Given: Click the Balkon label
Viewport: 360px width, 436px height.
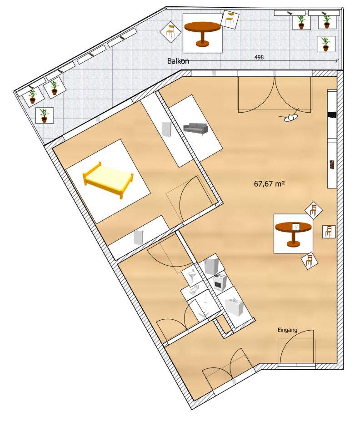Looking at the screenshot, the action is pos(178,61).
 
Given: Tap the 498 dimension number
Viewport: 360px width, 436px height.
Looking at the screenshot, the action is pos(259,57).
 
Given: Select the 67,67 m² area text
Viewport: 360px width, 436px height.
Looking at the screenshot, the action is pos(269,183).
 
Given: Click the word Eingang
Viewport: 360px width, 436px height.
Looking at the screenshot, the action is pos(287,330).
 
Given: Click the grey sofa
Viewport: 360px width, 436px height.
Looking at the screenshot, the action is pos(195,129).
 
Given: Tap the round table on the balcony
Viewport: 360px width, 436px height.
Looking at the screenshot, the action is pos(202,33).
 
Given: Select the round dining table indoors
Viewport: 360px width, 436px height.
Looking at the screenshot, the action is pos(293,233).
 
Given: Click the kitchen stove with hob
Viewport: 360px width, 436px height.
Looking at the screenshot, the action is pos(220,282).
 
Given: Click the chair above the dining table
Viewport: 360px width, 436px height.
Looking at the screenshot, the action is pos(313,210).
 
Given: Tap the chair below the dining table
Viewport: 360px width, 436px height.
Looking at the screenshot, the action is pos(309,261).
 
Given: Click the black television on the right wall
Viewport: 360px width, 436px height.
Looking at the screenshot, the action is pos(332,114).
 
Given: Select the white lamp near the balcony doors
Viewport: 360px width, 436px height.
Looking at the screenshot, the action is pos(290,117).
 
